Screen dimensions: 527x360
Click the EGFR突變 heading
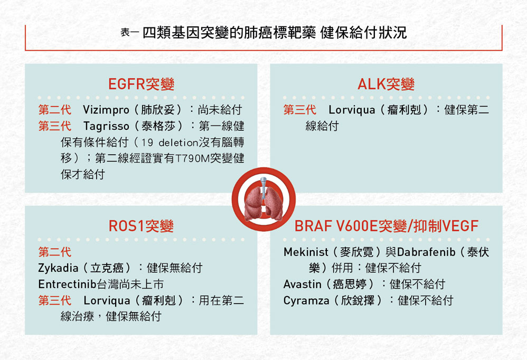coord(141,84)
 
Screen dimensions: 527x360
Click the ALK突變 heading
coord(386,84)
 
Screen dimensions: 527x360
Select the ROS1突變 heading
coord(141,226)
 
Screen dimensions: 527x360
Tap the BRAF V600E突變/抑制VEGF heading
coord(387,226)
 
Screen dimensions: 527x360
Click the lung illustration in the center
coord(263,201)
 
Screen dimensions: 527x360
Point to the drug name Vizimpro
coord(106,110)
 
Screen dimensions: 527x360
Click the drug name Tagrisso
coord(106,126)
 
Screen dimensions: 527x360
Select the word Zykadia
coord(58,268)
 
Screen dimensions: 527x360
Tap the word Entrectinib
coord(67,284)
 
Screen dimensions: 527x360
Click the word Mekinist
coord(306,252)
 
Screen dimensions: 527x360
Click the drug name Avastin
coord(302,285)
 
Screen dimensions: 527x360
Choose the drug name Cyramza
coord(306,300)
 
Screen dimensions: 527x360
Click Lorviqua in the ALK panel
coord(352,110)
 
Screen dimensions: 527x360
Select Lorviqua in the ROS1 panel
coord(107,300)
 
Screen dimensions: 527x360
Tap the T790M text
coord(193,158)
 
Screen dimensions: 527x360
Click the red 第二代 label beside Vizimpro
coord(54,110)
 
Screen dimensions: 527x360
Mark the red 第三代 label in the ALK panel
coord(299,110)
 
